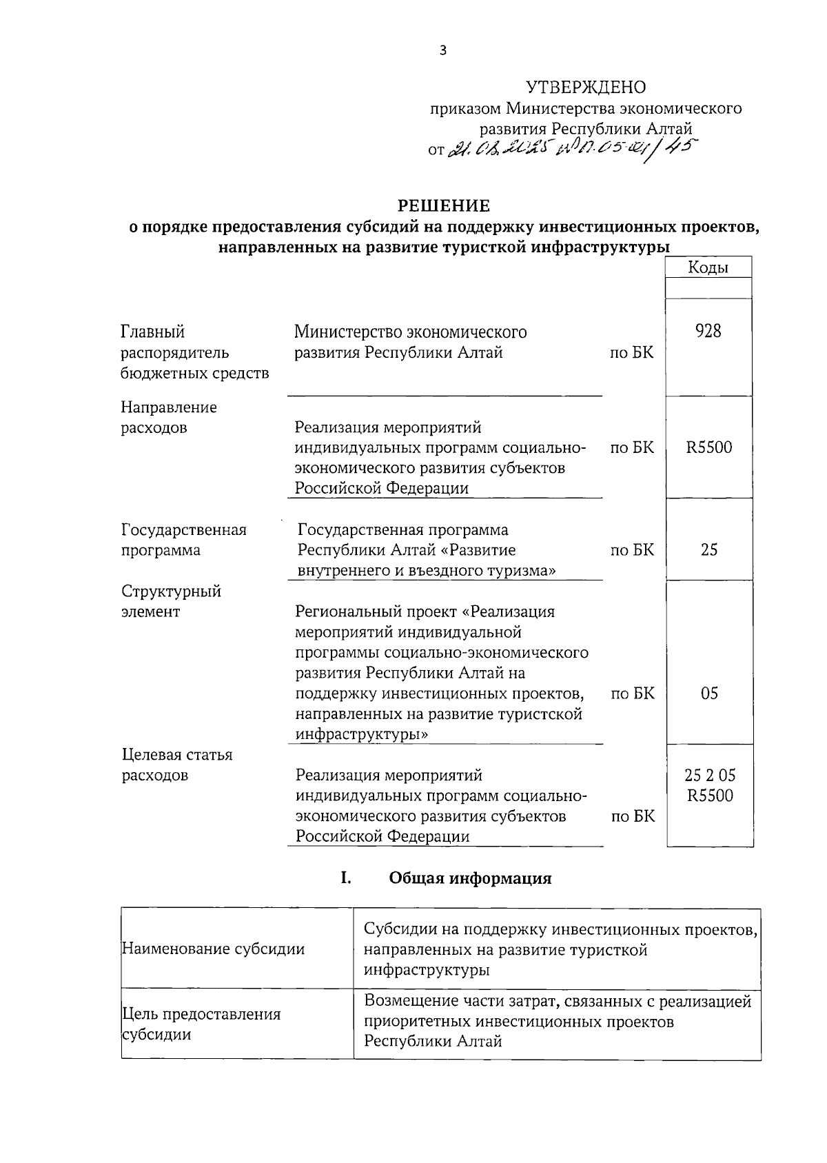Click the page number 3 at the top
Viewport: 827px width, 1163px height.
pyautogui.click(x=443, y=50)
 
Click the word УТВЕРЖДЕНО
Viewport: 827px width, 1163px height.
pyautogui.click(x=586, y=88)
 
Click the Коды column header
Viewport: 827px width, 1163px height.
pyautogui.click(x=708, y=267)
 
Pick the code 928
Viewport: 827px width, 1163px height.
pyautogui.click(x=708, y=332)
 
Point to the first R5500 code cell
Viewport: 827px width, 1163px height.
pyautogui.click(x=708, y=447)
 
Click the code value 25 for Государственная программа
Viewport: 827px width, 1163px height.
pyautogui.click(x=708, y=549)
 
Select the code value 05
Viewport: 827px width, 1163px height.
pyautogui.click(x=708, y=694)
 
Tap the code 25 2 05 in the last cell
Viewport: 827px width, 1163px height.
pyautogui.click(x=709, y=775)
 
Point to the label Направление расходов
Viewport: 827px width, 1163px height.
pyautogui.click(x=169, y=417)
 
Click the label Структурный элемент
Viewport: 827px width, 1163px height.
pyautogui.click(x=171, y=601)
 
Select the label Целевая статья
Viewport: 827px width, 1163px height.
pyautogui.click(x=176, y=755)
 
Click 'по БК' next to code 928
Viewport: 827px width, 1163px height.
pyautogui.click(x=631, y=353)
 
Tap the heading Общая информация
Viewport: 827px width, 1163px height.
pyautogui.click(x=470, y=878)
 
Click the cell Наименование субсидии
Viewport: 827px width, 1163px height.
pyautogui.click(x=213, y=949)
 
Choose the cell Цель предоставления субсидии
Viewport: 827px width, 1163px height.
pyautogui.click(x=201, y=1024)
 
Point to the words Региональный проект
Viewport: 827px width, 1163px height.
pyautogui.click(x=375, y=611)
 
